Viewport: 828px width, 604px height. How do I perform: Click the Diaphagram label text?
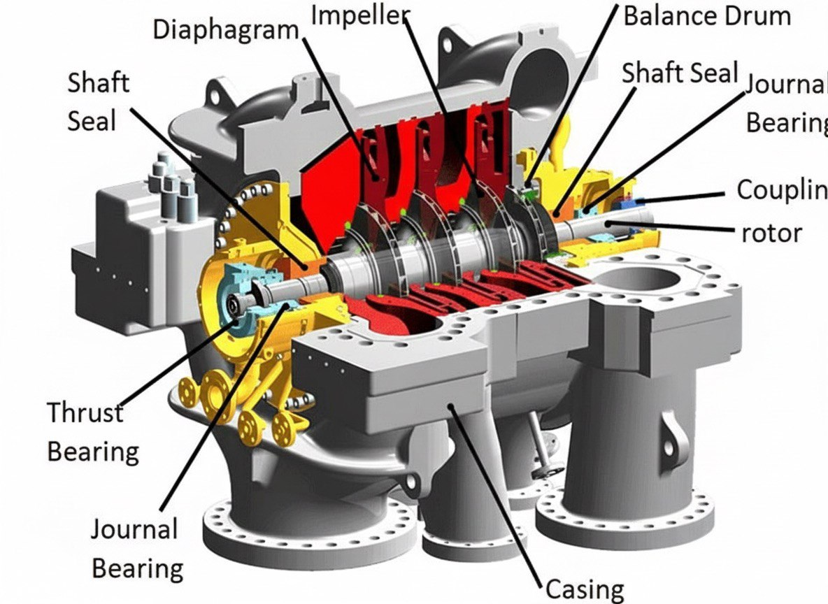click(226, 29)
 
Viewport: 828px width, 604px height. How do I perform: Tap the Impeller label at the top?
click(359, 15)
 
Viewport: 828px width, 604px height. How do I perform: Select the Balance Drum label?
click(706, 15)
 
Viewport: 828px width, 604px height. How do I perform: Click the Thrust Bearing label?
click(92, 432)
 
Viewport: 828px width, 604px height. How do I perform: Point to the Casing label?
click(584, 589)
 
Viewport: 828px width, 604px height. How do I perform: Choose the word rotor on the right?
click(771, 231)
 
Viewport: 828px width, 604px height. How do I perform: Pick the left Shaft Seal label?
click(99, 101)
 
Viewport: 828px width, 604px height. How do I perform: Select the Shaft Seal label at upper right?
click(680, 72)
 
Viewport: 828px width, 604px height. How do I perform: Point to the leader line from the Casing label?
click(497, 496)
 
